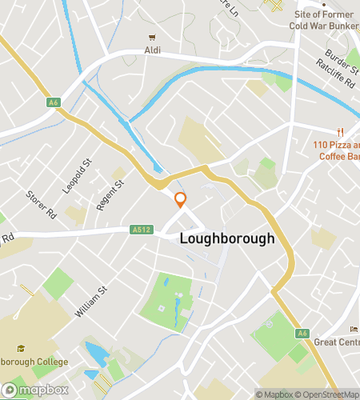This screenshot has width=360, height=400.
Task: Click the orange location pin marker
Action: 181,200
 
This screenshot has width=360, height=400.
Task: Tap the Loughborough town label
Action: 227,238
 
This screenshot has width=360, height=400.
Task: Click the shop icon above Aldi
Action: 150,37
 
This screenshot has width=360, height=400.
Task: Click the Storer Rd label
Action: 40,205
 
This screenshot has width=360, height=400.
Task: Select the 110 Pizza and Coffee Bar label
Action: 335,150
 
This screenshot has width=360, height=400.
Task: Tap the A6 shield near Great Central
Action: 302,333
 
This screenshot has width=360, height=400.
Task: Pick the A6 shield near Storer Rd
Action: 54,102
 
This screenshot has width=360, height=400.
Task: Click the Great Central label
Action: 336,342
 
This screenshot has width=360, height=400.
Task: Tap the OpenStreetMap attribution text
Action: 328,394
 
